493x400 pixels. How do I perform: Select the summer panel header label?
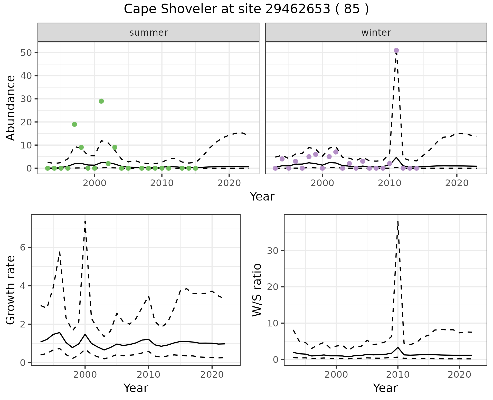point(148,33)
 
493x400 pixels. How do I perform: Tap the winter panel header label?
point(376,33)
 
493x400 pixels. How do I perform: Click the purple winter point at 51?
point(396,50)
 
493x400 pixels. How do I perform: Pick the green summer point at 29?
point(101,101)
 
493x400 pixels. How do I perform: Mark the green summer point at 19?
point(74,124)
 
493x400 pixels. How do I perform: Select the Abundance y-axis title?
point(11,108)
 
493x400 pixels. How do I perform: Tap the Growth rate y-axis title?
point(11,290)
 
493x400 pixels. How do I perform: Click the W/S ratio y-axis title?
point(257,290)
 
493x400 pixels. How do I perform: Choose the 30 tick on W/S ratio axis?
point(273,251)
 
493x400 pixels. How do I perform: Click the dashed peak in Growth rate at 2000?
point(85,221)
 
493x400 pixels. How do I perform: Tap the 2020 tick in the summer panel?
point(229,183)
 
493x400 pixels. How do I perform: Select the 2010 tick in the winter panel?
point(390,183)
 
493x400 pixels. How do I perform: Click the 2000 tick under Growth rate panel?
point(85,375)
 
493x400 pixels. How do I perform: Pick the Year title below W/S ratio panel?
point(385,388)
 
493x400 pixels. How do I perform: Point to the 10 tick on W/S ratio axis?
point(273,323)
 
